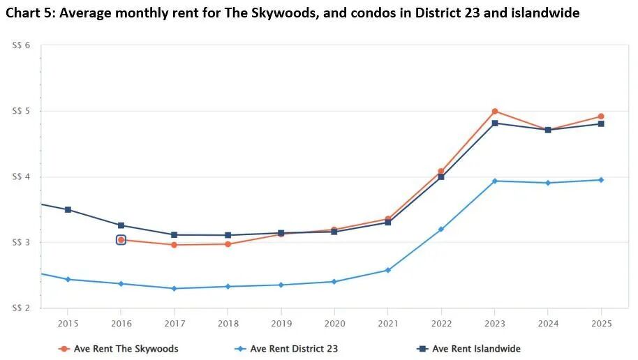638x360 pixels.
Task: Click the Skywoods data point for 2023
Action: (494, 112)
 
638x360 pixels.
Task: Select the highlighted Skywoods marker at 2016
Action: (121, 240)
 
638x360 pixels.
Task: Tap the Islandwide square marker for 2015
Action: (68, 209)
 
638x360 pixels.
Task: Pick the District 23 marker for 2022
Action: (441, 230)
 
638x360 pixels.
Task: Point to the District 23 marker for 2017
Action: (174, 288)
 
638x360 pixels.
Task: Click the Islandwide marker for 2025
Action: (601, 124)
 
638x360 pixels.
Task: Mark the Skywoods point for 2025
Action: (601, 117)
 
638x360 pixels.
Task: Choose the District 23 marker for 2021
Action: (388, 270)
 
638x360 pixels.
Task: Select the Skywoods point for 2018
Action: (228, 244)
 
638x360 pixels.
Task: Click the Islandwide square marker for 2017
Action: (174, 235)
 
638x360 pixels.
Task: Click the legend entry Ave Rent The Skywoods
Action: (119, 349)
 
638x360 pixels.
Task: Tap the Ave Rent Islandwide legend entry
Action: (468, 349)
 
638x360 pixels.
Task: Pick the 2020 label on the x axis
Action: (334, 324)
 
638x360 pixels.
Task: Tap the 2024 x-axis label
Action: (548, 324)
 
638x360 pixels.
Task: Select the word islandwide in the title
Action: (543, 13)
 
